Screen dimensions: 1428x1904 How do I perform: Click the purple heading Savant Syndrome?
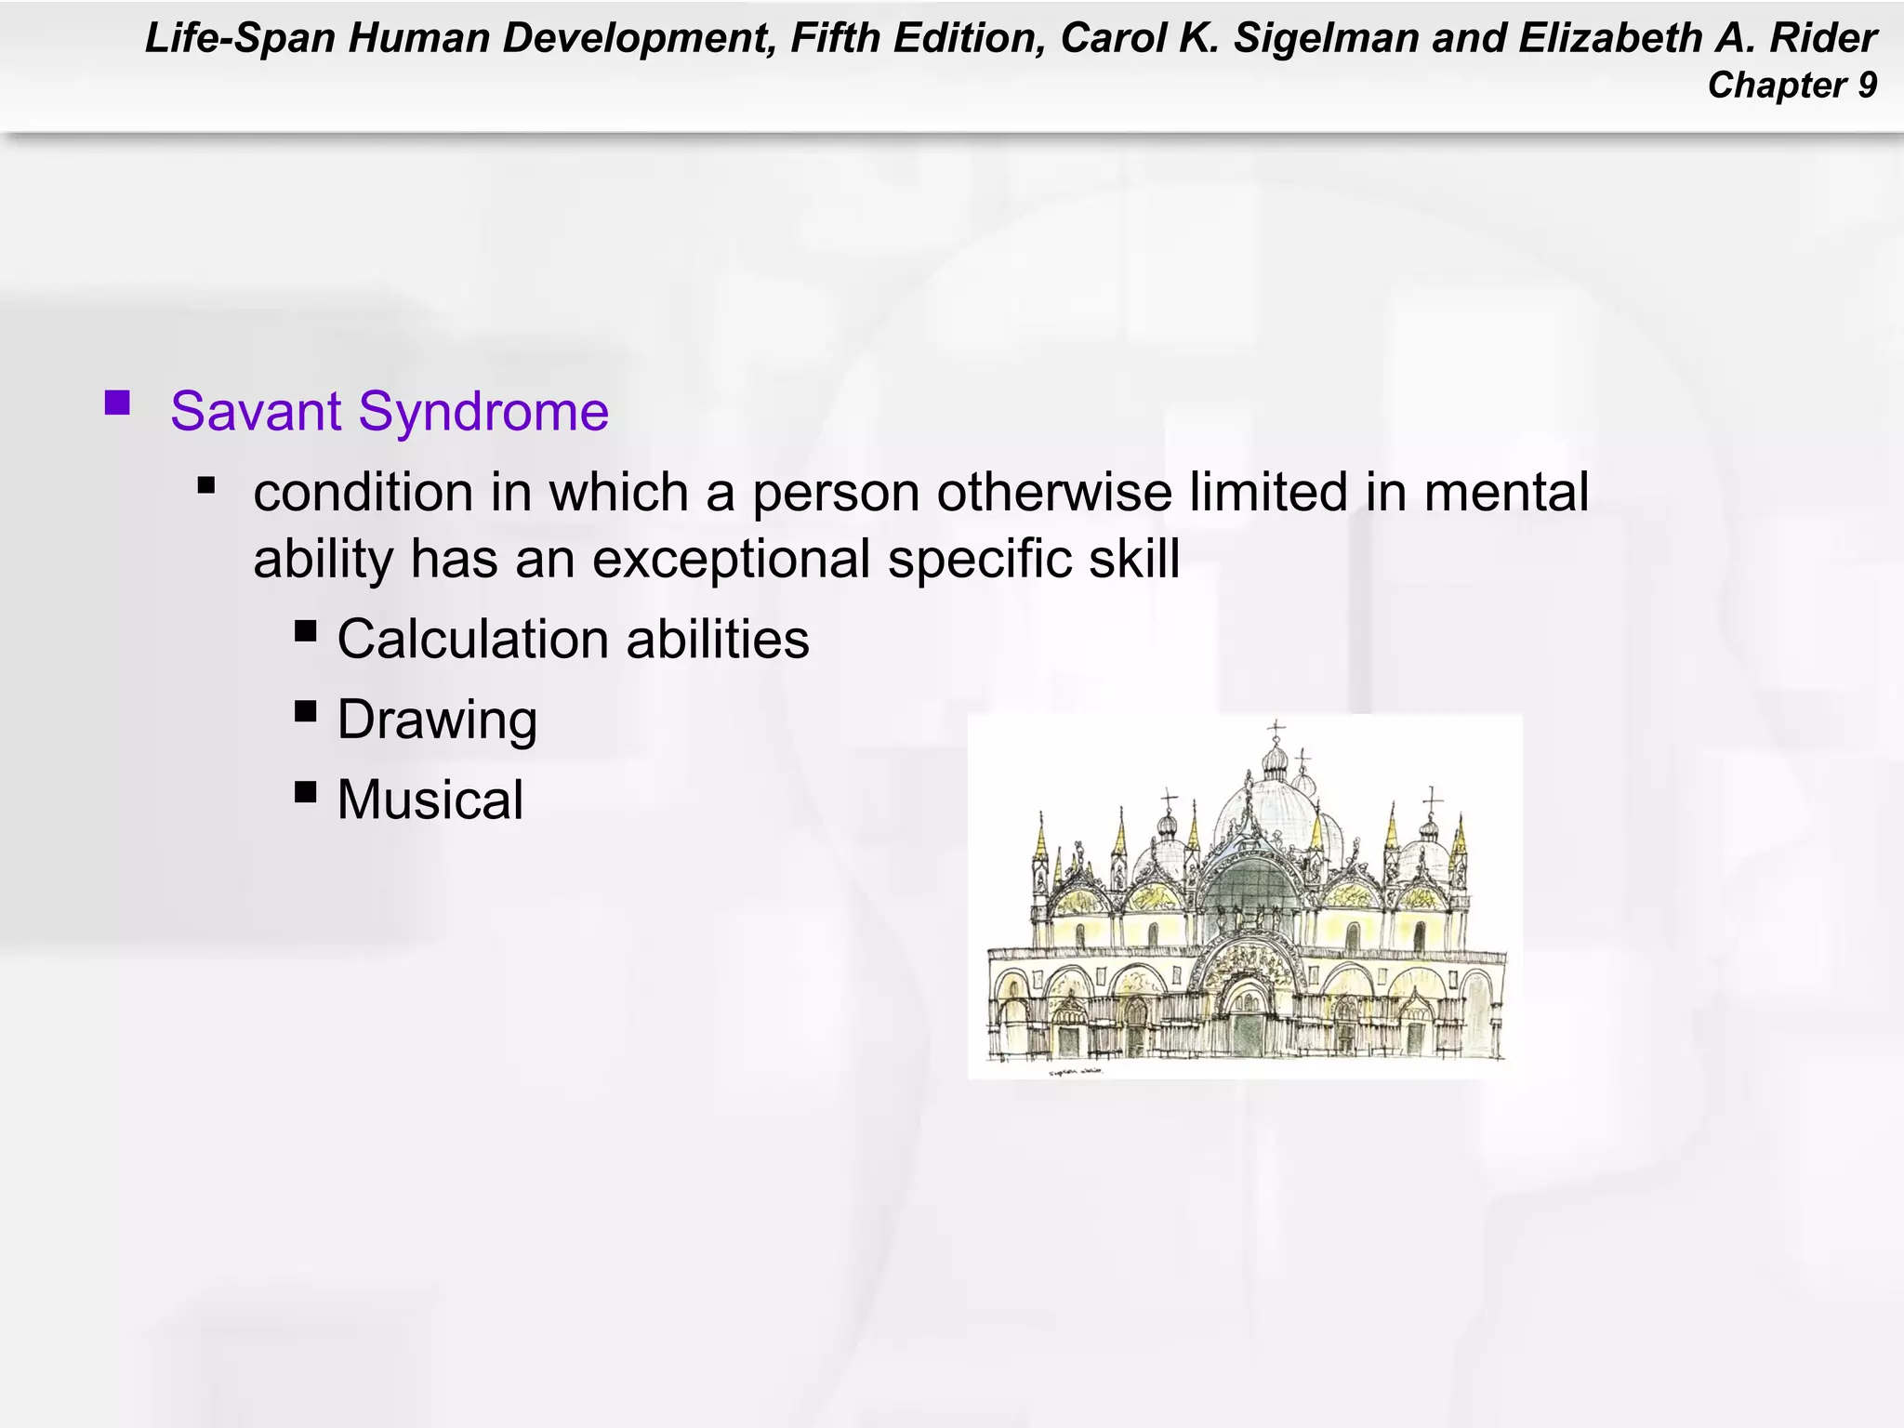pyautogui.click(x=390, y=411)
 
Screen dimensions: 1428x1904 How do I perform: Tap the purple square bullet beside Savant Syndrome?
pyautogui.click(x=117, y=403)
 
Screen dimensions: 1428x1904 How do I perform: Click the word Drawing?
pyautogui.click(x=437, y=720)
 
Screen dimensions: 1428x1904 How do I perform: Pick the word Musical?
pyautogui.click(x=430, y=800)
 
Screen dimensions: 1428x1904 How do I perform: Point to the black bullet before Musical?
pyautogui.click(x=306, y=791)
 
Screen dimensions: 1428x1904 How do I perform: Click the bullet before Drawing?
pyautogui.click(x=306, y=711)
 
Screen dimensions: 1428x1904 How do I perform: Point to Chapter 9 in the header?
pyautogui.click(x=1792, y=86)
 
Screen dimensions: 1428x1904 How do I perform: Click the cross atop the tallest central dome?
pyautogui.click(x=1276, y=728)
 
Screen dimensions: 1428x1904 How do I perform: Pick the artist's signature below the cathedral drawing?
pyautogui.click(x=1076, y=1071)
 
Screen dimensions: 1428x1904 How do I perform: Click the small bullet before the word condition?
pyautogui.click(x=206, y=485)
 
